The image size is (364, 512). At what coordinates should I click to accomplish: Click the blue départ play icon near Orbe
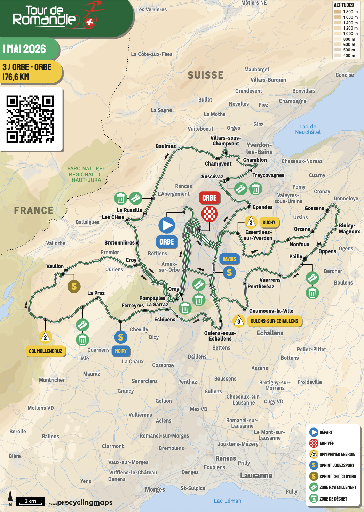[167, 225]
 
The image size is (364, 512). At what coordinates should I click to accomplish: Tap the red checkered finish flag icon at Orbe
[209, 214]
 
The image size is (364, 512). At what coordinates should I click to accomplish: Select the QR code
[30, 119]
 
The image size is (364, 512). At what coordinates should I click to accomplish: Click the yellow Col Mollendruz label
[45, 351]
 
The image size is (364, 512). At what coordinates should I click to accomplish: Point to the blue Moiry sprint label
[121, 351]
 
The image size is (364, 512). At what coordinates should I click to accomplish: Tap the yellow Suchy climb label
[269, 222]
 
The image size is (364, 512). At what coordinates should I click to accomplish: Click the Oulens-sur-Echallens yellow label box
[274, 321]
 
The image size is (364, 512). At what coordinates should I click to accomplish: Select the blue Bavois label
[229, 259]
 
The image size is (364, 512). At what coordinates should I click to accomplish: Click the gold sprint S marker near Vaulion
[74, 286]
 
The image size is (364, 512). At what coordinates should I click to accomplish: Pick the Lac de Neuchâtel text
[308, 129]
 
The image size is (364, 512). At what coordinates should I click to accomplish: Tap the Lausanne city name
[256, 475]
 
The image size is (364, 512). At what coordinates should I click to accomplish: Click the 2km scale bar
[31, 501]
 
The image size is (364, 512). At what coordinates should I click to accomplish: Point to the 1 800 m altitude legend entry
[346, 12]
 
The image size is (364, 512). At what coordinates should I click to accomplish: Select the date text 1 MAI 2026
[24, 49]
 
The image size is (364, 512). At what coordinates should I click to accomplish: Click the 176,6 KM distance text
[16, 77]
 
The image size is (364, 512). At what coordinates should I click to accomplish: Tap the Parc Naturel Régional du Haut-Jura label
[86, 174]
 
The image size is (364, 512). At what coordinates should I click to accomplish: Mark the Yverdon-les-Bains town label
[259, 148]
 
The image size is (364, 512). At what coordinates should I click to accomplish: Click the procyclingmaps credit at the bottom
[85, 503]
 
